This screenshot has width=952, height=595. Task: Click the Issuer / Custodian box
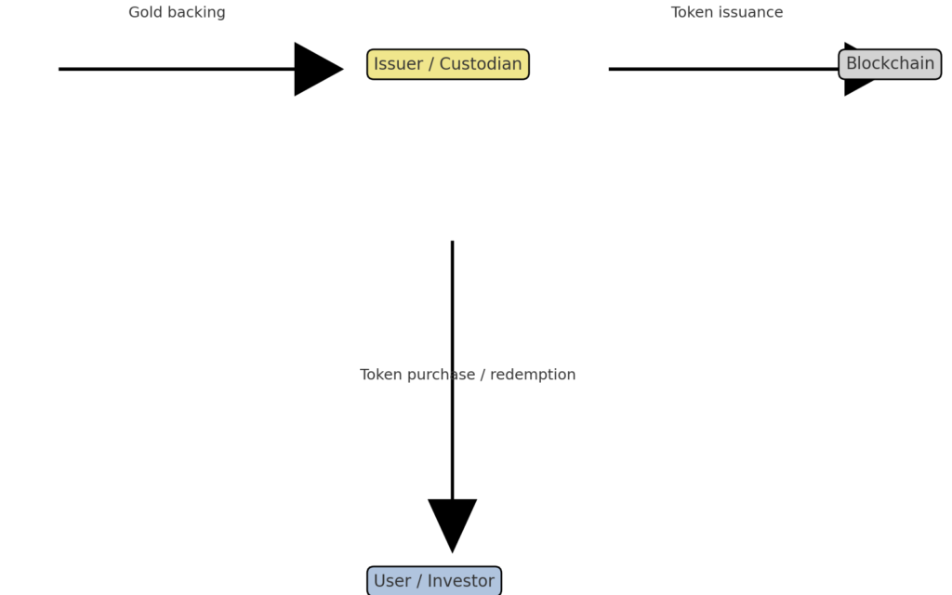click(x=448, y=64)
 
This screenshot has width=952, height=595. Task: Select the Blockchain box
click(x=890, y=64)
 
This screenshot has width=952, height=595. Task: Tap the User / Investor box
click(x=434, y=581)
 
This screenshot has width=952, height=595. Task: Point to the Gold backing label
click(x=177, y=12)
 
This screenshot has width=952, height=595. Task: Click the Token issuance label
click(x=727, y=12)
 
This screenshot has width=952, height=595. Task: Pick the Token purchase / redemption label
click(x=468, y=375)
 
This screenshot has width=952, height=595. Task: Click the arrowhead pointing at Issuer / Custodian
click(x=316, y=69)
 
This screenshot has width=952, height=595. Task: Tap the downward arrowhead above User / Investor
click(x=452, y=522)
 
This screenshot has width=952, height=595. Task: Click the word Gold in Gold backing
click(x=146, y=12)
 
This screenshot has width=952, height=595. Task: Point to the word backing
click(x=195, y=12)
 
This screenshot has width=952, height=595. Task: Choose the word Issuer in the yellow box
click(x=399, y=64)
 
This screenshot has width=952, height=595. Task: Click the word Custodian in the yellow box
click(x=481, y=64)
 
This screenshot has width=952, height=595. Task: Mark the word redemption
click(x=534, y=375)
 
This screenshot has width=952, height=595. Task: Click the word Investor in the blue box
click(x=461, y=581)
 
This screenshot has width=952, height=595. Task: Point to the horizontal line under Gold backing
click(x=177, y=69)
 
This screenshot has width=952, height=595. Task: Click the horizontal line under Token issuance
click(x=725, y=69)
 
